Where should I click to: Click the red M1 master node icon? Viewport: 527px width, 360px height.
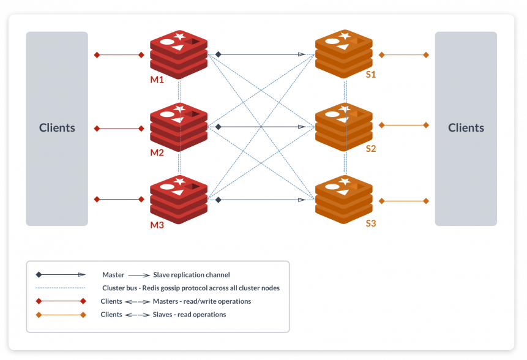[x=179, y=53]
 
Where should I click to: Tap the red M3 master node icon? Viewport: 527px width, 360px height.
[x=179, y=199]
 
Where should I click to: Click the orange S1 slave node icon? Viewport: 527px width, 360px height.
[x=343, y=53]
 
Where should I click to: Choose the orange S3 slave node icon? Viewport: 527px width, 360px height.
[x=343, y=199]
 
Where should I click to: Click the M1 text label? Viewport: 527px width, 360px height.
[x=157, y=80]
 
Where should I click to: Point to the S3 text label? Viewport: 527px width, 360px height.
[x=370, y=223]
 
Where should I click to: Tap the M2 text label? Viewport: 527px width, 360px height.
[x=157, y=152]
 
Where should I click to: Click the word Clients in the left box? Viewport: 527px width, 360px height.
[x=57, y=128]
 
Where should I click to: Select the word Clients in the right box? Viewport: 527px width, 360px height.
[x=466, y=128]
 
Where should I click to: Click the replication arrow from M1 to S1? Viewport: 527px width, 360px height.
[x=261, y=54]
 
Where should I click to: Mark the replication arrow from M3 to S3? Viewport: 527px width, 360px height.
[x=261, y=200]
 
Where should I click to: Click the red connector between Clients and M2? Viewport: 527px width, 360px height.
[x=119, y=129]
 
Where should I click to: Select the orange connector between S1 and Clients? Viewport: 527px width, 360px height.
[x=403, y=55]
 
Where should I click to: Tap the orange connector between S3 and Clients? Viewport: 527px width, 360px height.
[x=403, y=201]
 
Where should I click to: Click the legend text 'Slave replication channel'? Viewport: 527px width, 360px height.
[x=191, y=275]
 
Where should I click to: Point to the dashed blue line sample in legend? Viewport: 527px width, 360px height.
[x=61, y=288]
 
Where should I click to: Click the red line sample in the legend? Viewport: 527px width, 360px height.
[x=61, y=301]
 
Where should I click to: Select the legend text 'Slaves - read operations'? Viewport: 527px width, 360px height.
[x=189, y=315]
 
